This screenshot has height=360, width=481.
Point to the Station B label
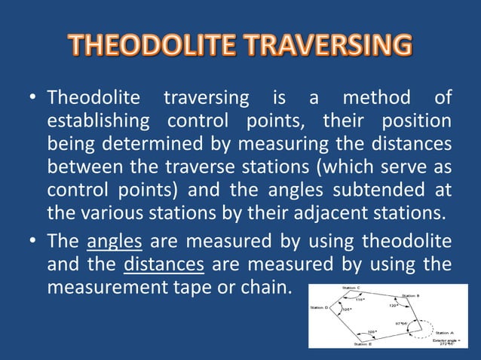pyautogui.click(x=415, y=295)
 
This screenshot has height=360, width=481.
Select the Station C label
pyautogui.click(x=351, y=288)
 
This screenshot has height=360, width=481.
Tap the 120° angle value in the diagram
pyautogui.click(x=394, y=306)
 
